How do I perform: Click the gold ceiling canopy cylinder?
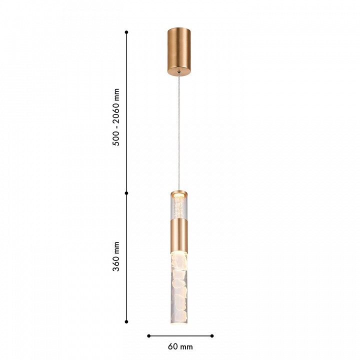(179, 51)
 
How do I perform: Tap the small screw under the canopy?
(179, 72)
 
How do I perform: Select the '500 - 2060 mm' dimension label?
(116, 117)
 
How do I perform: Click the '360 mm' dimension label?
(116, 256)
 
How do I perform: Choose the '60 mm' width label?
(180, 346)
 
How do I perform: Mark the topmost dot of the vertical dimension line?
(126, 32)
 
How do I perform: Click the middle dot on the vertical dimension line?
(126, 193)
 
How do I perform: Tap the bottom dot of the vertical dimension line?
(126, 322)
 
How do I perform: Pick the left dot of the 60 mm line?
(149, 336)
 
